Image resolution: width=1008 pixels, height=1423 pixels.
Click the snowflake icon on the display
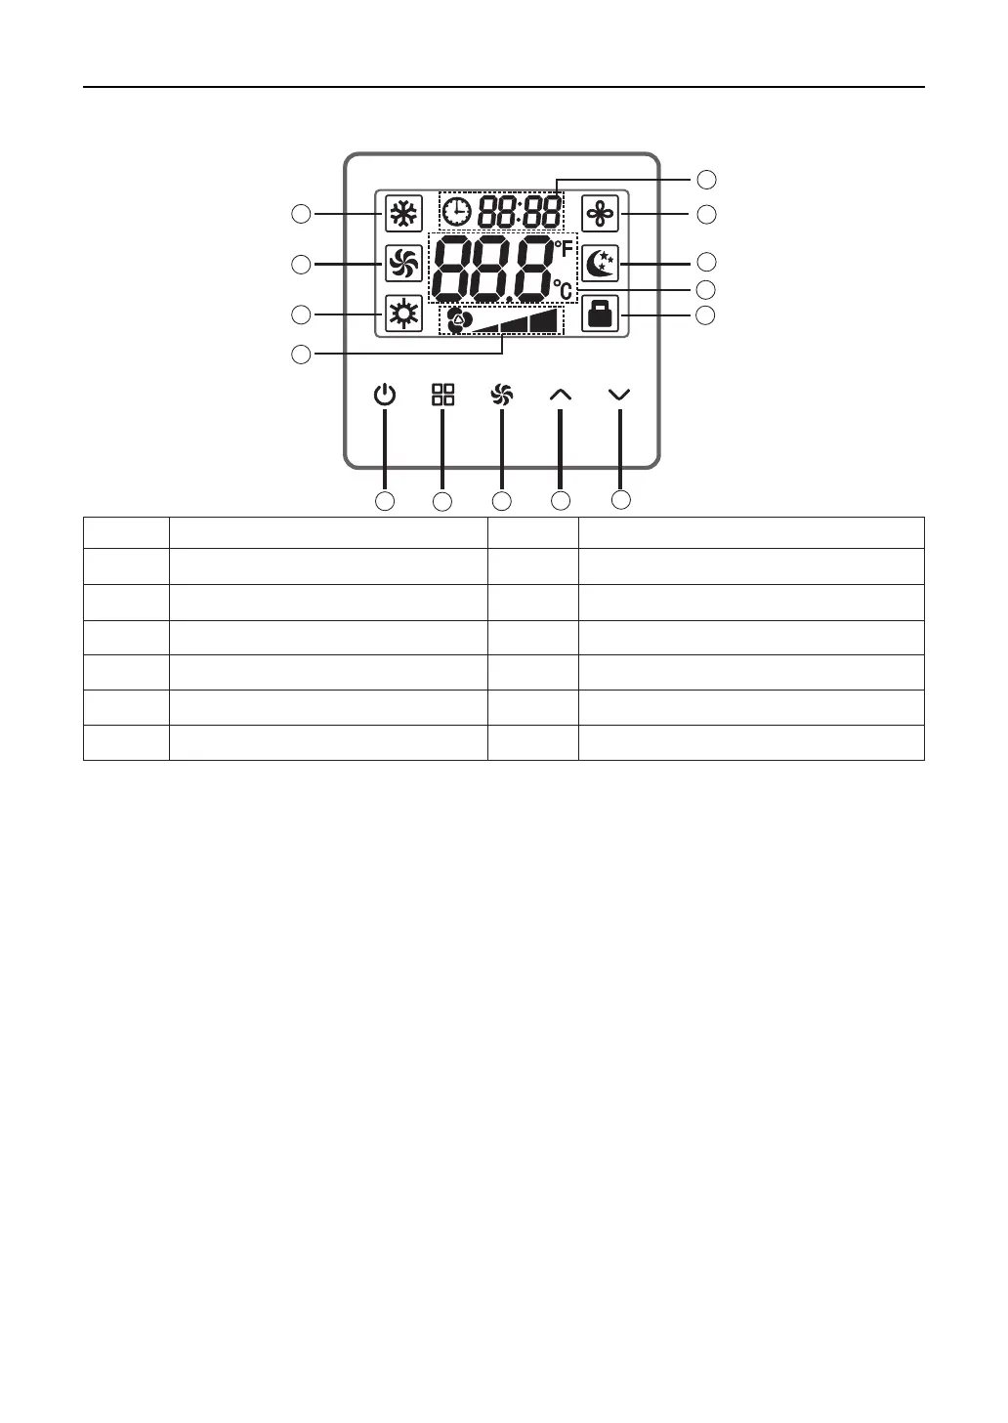403,213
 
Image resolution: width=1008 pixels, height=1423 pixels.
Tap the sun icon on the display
403,314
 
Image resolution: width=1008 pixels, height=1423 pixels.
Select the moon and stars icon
601,264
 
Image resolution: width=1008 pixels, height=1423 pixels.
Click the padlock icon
601,314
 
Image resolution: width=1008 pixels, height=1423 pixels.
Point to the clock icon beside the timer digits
456,210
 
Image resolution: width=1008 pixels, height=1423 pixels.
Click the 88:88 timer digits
519,211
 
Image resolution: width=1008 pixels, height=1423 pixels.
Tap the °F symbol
564,249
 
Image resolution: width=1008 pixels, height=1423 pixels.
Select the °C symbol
563,289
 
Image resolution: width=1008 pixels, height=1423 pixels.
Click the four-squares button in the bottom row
443,395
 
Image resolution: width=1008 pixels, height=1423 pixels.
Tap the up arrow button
561,395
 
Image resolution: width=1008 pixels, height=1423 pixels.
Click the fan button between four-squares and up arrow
502,395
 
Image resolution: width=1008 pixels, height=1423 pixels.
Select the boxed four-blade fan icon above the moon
601,213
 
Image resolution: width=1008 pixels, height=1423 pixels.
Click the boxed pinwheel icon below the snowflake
403,264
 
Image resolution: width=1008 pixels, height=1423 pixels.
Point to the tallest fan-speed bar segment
545,321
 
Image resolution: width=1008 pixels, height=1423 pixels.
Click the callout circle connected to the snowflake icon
302,213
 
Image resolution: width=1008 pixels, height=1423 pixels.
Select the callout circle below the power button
386,501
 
